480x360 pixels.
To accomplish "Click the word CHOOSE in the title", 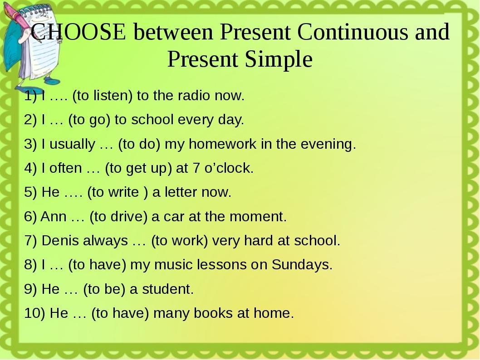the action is coord(78,31).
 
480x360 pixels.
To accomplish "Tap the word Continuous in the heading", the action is coord(353,31).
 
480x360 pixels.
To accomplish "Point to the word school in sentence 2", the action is coord(152,119).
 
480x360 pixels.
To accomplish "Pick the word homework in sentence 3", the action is coord(223,144).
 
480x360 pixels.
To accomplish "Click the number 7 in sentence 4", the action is coord(196,168).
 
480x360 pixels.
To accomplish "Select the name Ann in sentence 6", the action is coord(53,216).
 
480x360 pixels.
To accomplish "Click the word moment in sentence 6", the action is coord(258,216).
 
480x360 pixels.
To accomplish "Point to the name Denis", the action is coord(60,240).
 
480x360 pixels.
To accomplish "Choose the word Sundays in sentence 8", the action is coord(302,265).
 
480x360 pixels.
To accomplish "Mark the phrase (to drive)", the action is coord(118,217).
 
